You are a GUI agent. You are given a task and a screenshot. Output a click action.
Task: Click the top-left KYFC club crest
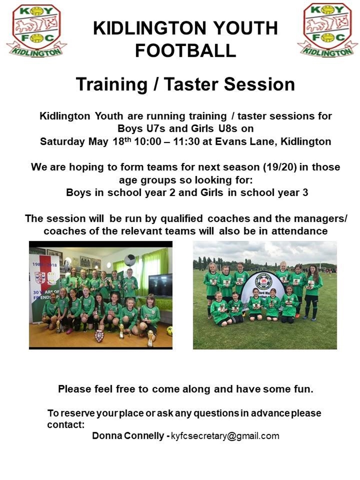37,30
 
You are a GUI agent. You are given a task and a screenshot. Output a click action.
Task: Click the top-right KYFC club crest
328,30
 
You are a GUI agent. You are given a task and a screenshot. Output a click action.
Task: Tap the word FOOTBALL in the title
186,51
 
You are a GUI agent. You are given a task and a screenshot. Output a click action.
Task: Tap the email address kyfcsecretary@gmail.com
225,436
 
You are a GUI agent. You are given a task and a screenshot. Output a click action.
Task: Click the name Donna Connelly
128,435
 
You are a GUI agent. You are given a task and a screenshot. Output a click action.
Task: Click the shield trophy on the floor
99,336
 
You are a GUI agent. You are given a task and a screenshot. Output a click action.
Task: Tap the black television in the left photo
160,285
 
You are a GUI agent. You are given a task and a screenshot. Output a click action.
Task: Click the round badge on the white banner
263,282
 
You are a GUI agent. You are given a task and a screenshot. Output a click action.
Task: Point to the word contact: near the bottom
66,425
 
